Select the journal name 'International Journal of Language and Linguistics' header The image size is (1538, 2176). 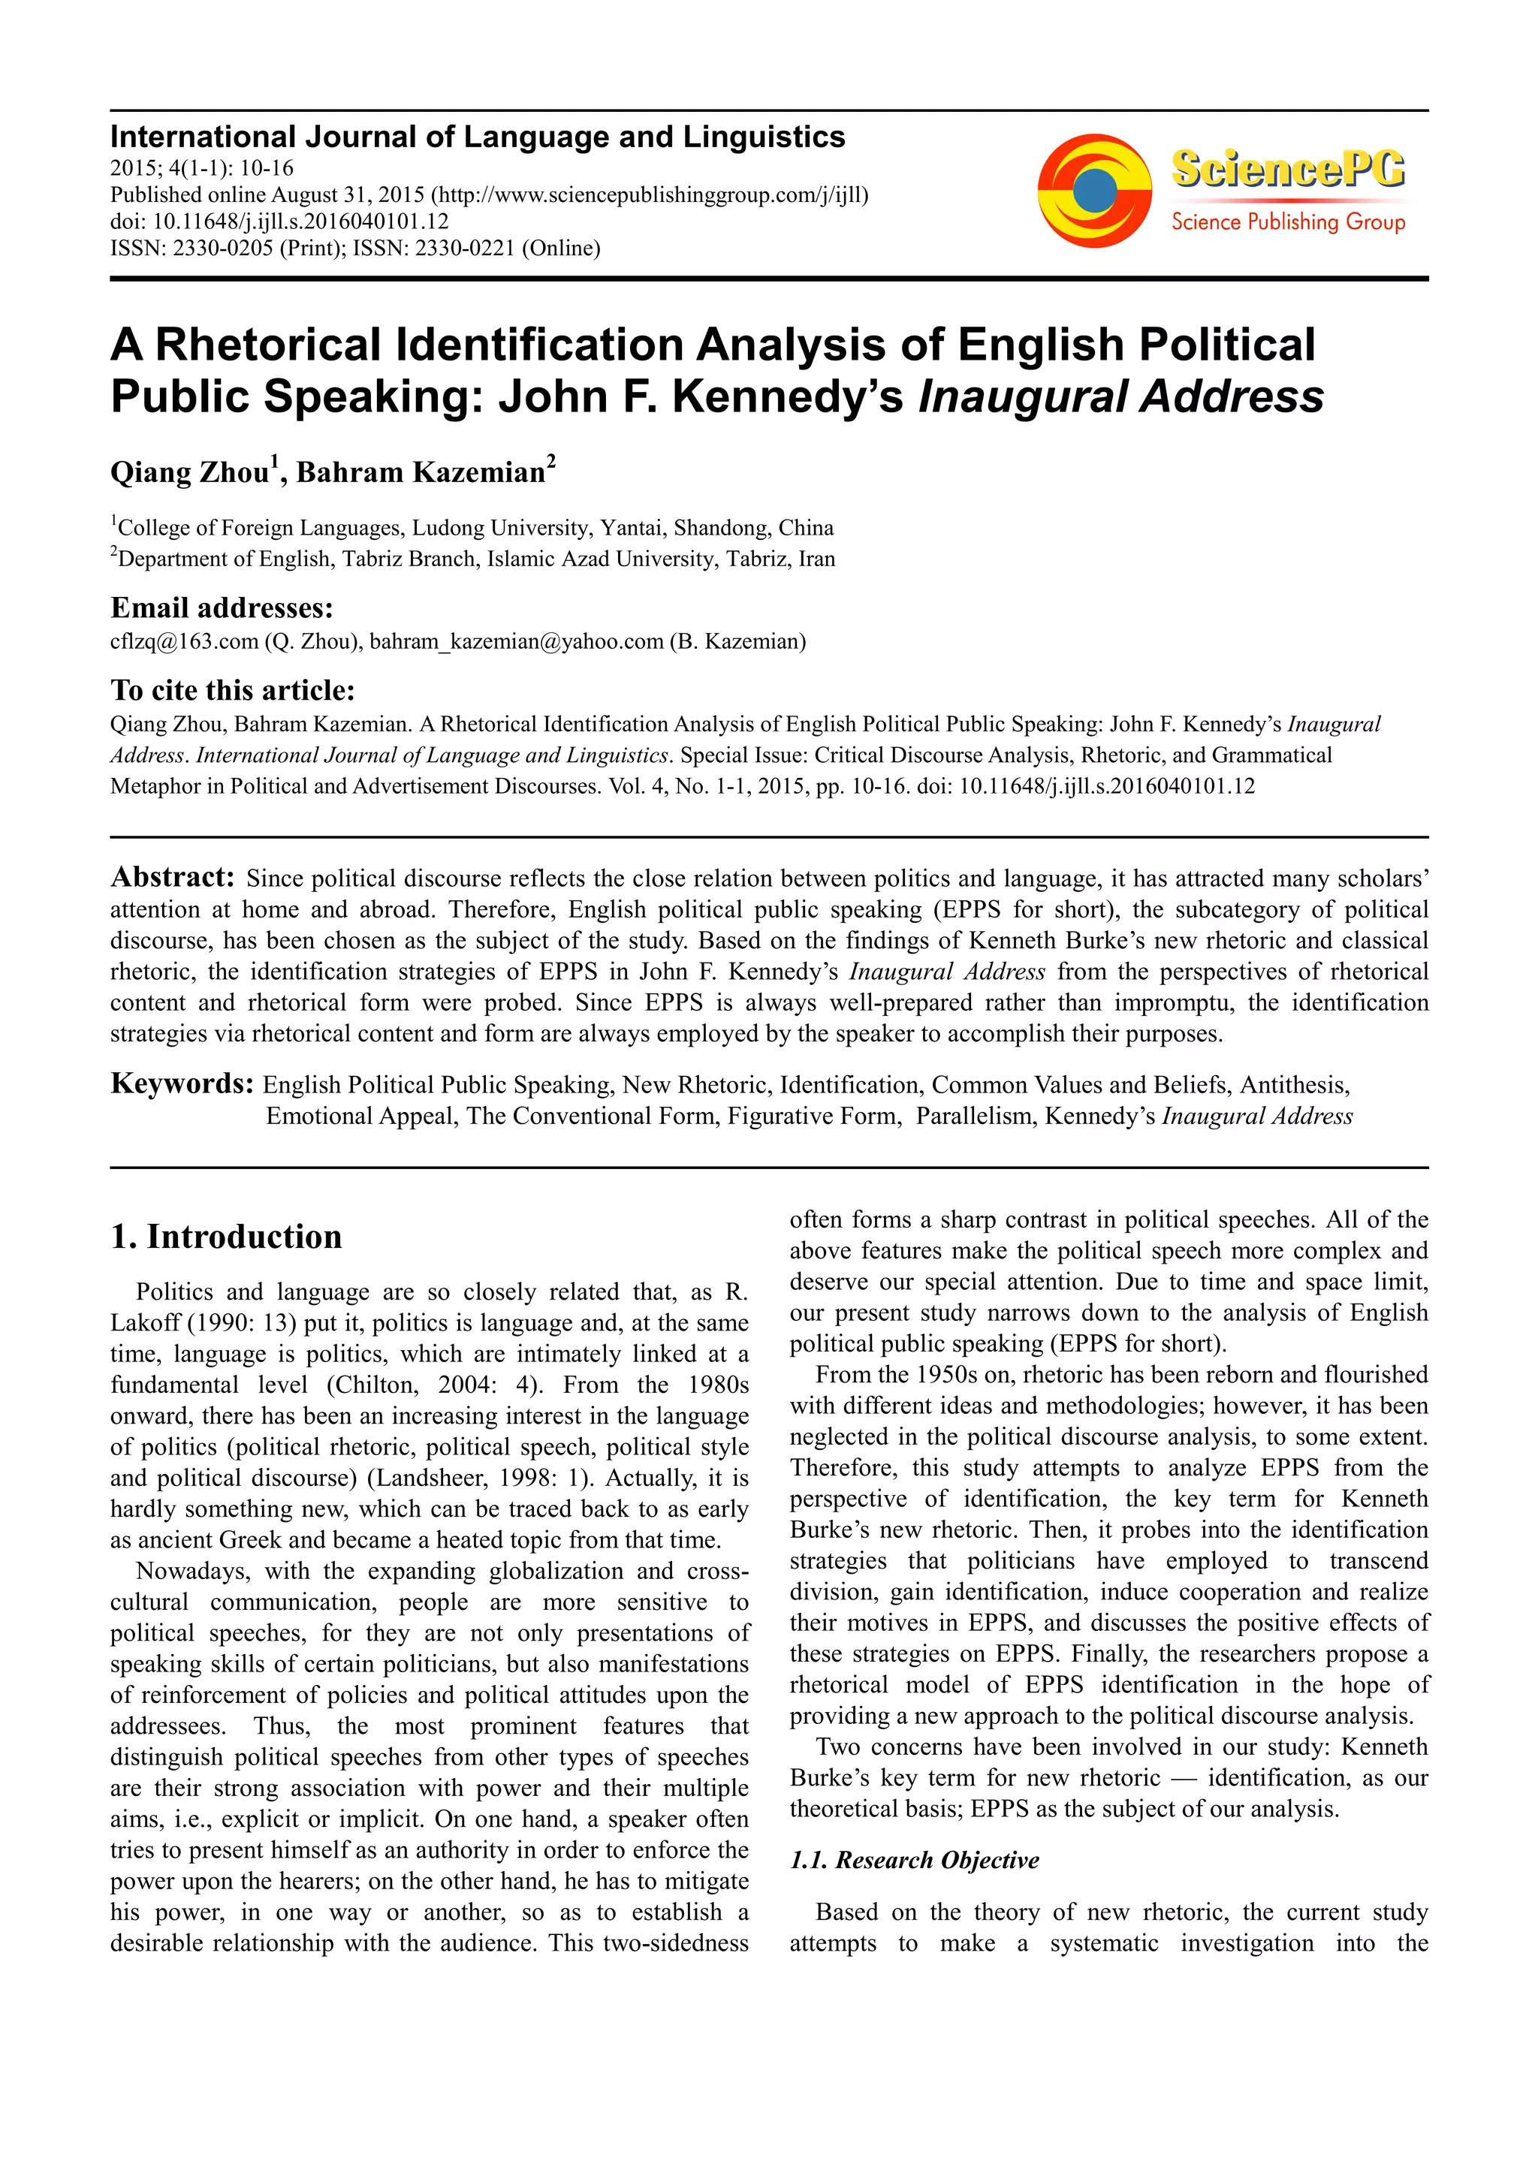point(478,137)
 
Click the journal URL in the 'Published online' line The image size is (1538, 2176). point(650,195)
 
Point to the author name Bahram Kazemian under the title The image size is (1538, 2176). point(421,472)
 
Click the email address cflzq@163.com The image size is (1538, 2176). point(184,642)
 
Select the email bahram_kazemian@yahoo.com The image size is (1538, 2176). point(517,642)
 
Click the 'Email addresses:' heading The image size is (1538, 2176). point(222,607)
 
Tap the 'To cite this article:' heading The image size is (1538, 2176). point(232,690)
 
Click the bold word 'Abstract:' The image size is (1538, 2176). point(173,877)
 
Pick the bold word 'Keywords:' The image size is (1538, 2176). point(182,1083)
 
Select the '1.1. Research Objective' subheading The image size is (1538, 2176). point(915,1861)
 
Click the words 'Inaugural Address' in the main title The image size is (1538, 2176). point(1120,396)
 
